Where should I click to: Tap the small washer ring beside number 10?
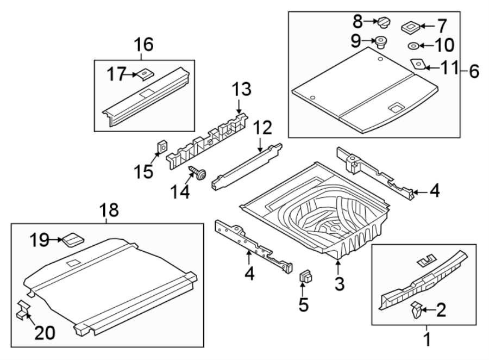[x=413, y=45]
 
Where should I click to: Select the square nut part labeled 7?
[x=410, y=26]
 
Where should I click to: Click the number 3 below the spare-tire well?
[x=338, y=283]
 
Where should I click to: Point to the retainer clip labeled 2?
[x=416, y=311]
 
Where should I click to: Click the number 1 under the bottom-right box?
[x=427, y=340]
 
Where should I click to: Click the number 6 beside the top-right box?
[x=474, y=71]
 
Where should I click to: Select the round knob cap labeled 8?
[x=385, y=22]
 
